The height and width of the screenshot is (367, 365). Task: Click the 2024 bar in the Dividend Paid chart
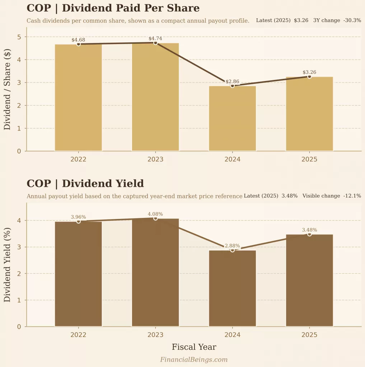point(232,118)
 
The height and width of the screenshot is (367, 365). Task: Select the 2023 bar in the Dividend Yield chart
point(155,272)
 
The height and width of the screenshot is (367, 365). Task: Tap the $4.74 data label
point(155,38)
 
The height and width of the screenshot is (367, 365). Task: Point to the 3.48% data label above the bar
point(309,230)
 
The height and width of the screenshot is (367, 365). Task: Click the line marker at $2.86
point(232,86)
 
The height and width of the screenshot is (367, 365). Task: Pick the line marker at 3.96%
point(79,221)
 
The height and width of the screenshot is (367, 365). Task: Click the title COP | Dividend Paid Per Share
point(113,8)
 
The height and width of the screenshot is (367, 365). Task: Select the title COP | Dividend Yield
point(85,183)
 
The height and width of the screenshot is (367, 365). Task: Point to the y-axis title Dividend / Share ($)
point(7,94)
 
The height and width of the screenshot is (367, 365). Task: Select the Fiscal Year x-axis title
point(194,347)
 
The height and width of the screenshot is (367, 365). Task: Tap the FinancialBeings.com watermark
point(194,359)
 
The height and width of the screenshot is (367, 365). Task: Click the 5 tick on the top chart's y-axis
point(19,37)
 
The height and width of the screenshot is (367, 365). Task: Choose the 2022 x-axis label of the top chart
point(78,159)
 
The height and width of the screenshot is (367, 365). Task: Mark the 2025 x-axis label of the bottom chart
point(309,335)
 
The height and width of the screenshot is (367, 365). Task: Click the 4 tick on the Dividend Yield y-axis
point(19,220)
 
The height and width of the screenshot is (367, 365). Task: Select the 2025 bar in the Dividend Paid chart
point(309,114)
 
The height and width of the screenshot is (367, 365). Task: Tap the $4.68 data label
point(78,40)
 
